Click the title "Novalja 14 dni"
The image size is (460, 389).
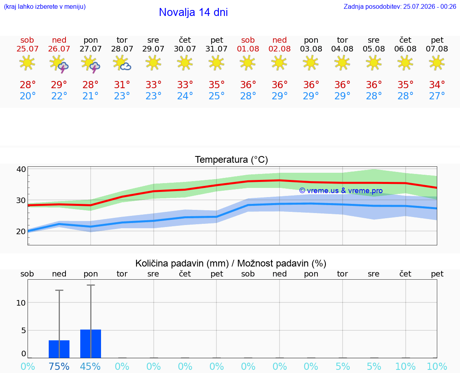(x=193, y=12)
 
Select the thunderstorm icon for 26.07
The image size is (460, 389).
(x=59, y=64)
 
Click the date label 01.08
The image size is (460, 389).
(x=248, y=49)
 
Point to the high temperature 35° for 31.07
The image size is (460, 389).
(x=216, y=85)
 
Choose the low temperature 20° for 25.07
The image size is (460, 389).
(x=28, y=96)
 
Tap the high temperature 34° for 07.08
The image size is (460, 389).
(x=437, y=85)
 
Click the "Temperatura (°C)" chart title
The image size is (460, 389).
(x=232, y=160)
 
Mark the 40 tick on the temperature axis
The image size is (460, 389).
(x=21, y=169)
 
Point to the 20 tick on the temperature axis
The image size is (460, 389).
(x=21, y=231)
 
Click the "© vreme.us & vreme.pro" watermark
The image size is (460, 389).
(x=341, y=191)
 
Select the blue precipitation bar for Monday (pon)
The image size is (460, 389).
(x=91, y=344)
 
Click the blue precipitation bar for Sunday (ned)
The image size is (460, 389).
(x=59, y=349)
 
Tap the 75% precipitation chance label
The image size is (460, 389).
(x=59, y=366)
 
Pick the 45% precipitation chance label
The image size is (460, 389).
(x=90, y=366)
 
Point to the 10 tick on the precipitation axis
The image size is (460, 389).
(x=21, y=303)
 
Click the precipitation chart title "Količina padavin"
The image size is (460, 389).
(x=182, y=263)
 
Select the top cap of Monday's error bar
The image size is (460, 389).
(x=91, y=285)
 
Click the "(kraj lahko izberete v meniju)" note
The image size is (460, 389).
(x=45, y=6)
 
